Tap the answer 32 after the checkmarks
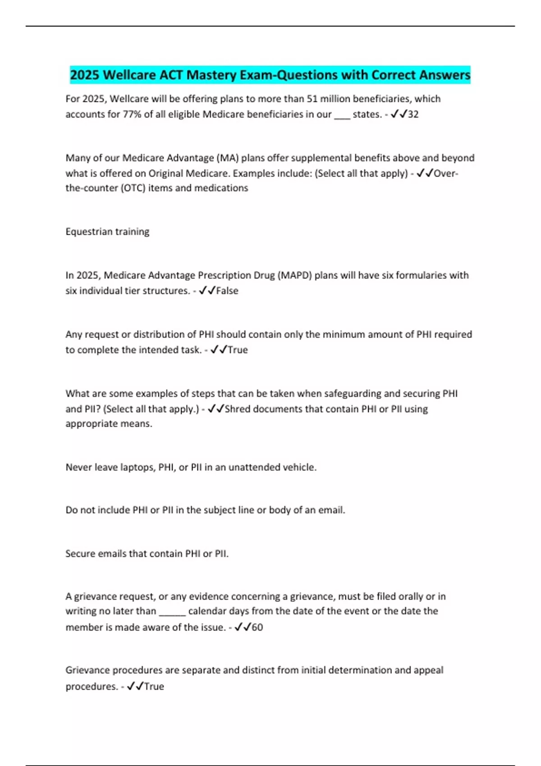tap(413, 114)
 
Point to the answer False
tap(227, 291)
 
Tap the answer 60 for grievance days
tap(257, 627)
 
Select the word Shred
tap(237, 409)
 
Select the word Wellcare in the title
tap(129, 75)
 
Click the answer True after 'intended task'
tap(238, 350)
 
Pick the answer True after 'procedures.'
tap(154, 687)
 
